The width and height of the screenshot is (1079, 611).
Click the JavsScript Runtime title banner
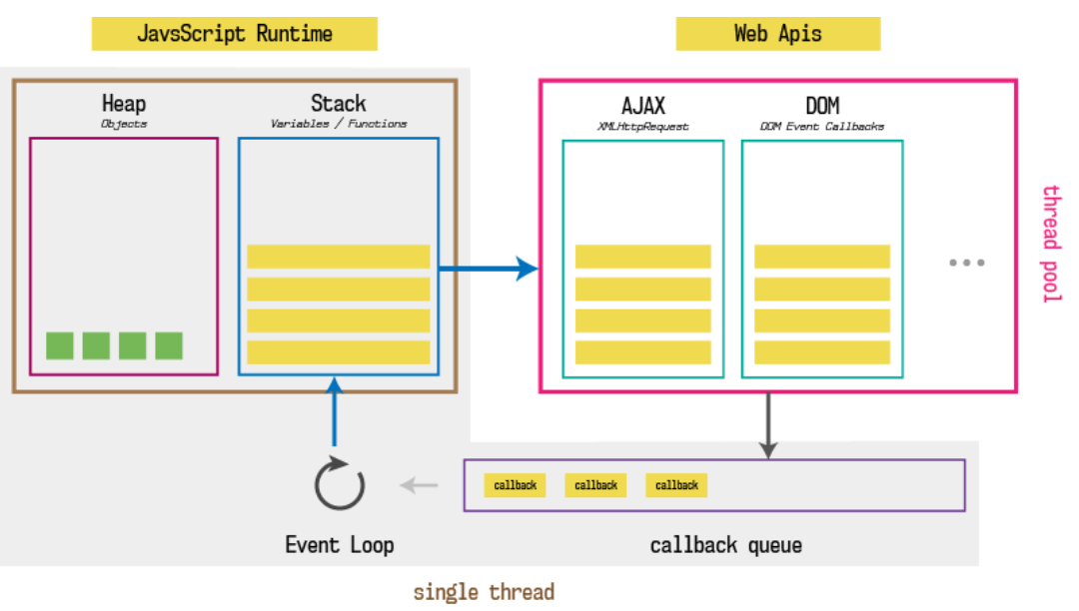coord(235,33)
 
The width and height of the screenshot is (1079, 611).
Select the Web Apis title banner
coord(777,33)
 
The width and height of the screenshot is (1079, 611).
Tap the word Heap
coord(124,103)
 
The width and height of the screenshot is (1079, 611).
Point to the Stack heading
coord(338,103)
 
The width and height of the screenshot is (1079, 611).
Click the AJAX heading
coord(642,106)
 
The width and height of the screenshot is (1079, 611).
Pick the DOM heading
coord(821,106)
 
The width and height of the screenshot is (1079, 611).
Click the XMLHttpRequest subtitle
coord(642,127)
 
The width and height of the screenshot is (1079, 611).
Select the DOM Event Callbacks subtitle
coord(821,127)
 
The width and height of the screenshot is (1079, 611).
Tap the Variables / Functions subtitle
coord(338,124)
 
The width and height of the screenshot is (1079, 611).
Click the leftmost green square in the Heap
coord(60,345)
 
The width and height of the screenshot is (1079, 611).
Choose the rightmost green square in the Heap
coord(169,345)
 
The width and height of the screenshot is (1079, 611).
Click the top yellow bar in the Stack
coord(338,257)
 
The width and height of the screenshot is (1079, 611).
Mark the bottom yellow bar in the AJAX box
coord(642,352)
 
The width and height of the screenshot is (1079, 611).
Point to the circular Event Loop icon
coord(340,485)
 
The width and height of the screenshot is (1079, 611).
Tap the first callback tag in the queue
coord(516,485)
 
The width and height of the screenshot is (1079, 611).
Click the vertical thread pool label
coord(1050,244)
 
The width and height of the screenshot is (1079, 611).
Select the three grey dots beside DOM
coord(966,263)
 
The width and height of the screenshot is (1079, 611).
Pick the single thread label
coord(484,592)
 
